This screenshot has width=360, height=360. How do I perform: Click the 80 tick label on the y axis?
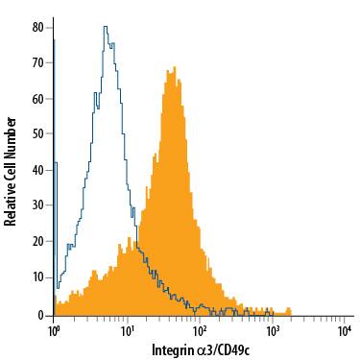37,27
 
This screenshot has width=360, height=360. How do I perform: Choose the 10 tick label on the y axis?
37,277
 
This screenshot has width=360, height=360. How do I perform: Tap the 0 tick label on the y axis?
41,315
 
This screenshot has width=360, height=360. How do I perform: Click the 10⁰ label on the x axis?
55,331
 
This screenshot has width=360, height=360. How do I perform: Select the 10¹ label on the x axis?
128,331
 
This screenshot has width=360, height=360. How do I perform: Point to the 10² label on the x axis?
200,331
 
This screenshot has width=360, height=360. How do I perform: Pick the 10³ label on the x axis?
273,331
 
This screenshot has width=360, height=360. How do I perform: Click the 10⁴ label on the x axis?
345,331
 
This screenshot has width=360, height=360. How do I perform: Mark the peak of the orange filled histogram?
173,67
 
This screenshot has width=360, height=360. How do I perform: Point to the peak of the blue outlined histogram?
105,27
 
